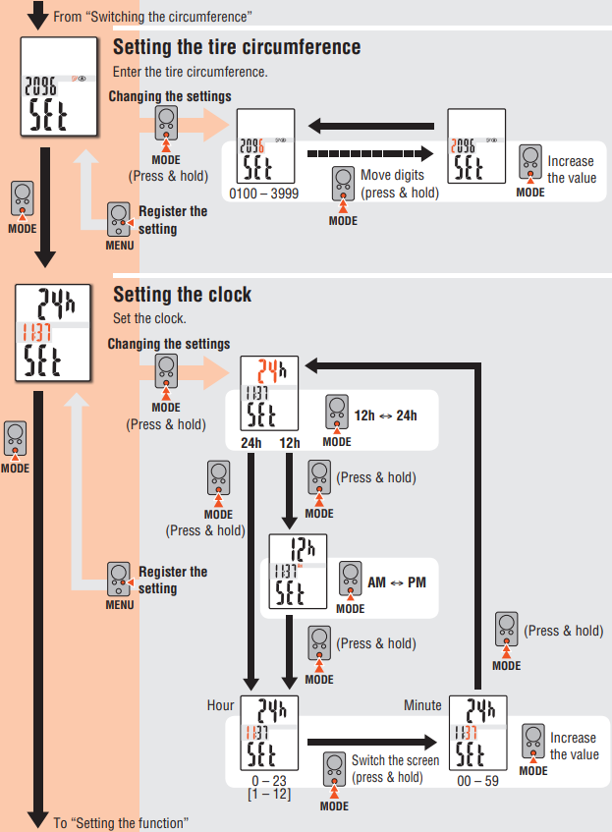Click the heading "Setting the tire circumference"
(x=237, y=47)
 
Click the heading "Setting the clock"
(x=183, y=295)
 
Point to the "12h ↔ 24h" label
(x=386, y=416)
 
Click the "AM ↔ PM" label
(x=397, y=582)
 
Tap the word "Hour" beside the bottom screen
(x=221, y=705)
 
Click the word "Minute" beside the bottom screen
(x=423, y=705)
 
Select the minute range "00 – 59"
(x=477, y=782)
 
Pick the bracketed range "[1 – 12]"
(x=269, y=794)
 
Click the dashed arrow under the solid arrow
(x=369, y=154)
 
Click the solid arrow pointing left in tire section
(x=369, y=126)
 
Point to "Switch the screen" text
(x=394, y=760)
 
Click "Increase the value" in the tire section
(x=570, y=169)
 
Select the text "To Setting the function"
(x=120, y=823)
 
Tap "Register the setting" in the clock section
(x=173, y=580)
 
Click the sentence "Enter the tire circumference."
(x=190, y=72)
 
